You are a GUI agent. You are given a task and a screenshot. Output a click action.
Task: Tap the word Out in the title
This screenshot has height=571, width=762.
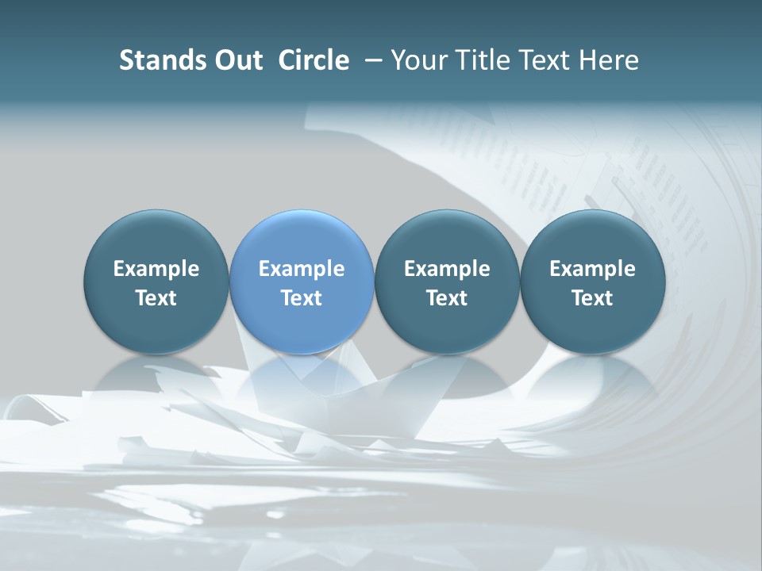(x=237, y=60)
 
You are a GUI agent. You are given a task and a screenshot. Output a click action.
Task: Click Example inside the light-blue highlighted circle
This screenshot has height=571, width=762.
(x=302, y=269)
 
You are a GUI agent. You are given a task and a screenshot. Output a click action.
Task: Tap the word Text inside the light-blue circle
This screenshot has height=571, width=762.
(x=302, y=298)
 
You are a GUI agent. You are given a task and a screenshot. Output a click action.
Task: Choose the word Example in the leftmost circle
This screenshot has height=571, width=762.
(x=156, y=269)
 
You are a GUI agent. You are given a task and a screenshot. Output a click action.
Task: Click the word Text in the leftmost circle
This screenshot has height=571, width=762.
(x=156, y=298)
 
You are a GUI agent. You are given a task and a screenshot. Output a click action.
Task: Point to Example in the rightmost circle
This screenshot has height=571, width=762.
(x=592, y=269)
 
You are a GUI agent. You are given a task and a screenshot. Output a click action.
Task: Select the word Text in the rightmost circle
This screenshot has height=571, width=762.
(x=592, y=298)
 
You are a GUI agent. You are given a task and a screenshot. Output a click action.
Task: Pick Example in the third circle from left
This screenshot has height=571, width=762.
(x=447, y=269)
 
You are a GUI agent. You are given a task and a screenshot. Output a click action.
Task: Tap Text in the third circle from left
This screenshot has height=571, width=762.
(x=447, y=298)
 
